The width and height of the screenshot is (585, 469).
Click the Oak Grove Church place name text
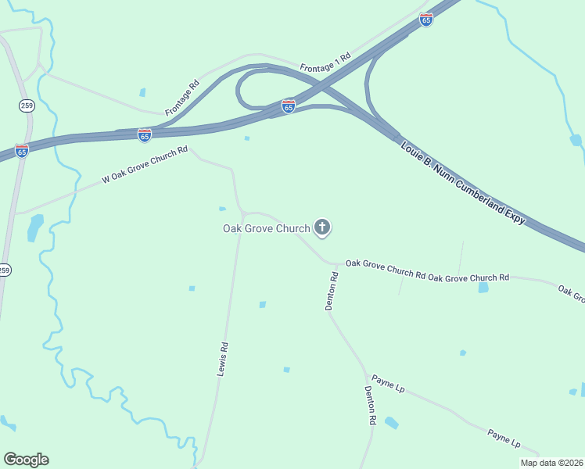tap(267, 228)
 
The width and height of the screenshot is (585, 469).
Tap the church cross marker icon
tap(321, 227)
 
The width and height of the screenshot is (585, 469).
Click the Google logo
tap(26, 460)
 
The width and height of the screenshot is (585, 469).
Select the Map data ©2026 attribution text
tap(551, 463)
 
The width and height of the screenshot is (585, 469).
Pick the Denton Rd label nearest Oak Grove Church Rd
tap(332, 291)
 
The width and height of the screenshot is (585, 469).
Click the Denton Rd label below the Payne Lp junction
tap(370, 405)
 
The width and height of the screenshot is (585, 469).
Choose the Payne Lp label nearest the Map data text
tap(504, 438)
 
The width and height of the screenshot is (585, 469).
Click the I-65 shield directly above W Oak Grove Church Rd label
tap(145, 135)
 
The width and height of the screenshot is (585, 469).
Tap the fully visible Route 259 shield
tap(27, 105)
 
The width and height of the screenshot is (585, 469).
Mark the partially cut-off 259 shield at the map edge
tap(5, 270)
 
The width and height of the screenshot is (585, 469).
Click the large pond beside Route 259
tap(35, 227)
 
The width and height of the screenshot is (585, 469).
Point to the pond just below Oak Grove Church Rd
tap(483, 288)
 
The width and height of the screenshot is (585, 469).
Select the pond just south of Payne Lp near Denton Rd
tap(391, 423)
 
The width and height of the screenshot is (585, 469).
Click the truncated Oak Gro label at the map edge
tap(572, 292)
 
